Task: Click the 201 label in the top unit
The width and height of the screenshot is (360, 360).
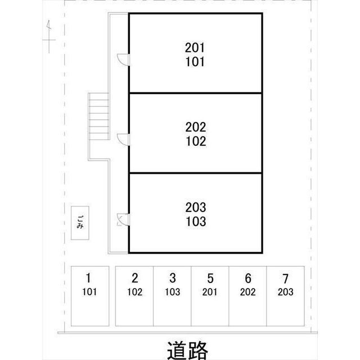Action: [195, 47]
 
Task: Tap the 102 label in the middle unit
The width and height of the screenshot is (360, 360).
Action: [195, 141]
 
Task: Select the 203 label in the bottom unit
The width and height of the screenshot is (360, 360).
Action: [195, 207]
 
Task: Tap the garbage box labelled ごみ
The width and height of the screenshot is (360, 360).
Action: [80, 223]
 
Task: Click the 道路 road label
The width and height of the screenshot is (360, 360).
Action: [187, 349]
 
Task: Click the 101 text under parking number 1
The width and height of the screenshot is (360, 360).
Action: [89, 292]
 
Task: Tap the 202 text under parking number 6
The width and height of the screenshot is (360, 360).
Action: [247, 292]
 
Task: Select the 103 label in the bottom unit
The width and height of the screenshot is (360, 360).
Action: [195, 221]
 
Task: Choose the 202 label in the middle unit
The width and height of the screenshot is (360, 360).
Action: [195, 127]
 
